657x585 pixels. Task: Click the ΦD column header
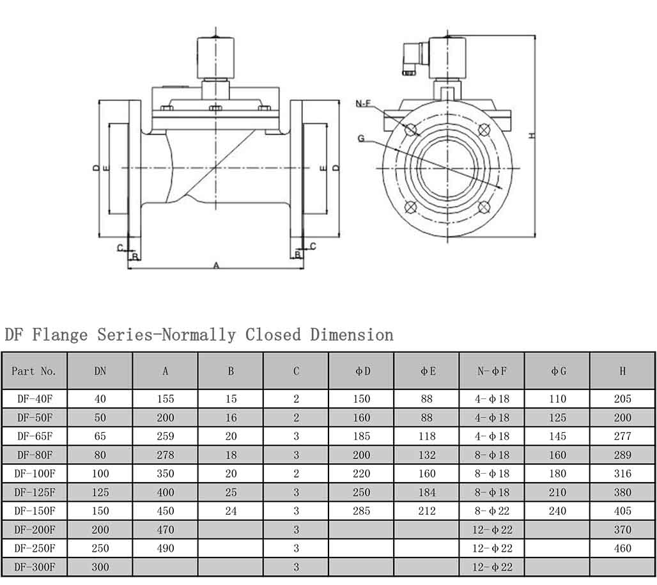coord(362,371)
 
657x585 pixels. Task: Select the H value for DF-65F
coord(622,437)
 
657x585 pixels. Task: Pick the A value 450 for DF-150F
coord(165,511)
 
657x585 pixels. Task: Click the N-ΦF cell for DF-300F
coord(492,567)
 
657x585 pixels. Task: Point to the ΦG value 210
coord(557,493)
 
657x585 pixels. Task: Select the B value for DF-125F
coord(231,493)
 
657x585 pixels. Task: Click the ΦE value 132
coord(426,455)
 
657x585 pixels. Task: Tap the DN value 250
coord(100,549)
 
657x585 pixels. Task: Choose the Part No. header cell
coord(35,371)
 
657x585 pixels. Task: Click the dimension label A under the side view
coord(215,265)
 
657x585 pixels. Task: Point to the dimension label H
coord(532,136)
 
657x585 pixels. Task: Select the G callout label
coord(361,138)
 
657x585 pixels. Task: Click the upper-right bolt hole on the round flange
coord(484,130)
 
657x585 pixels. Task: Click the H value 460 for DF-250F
coord(622,549)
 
